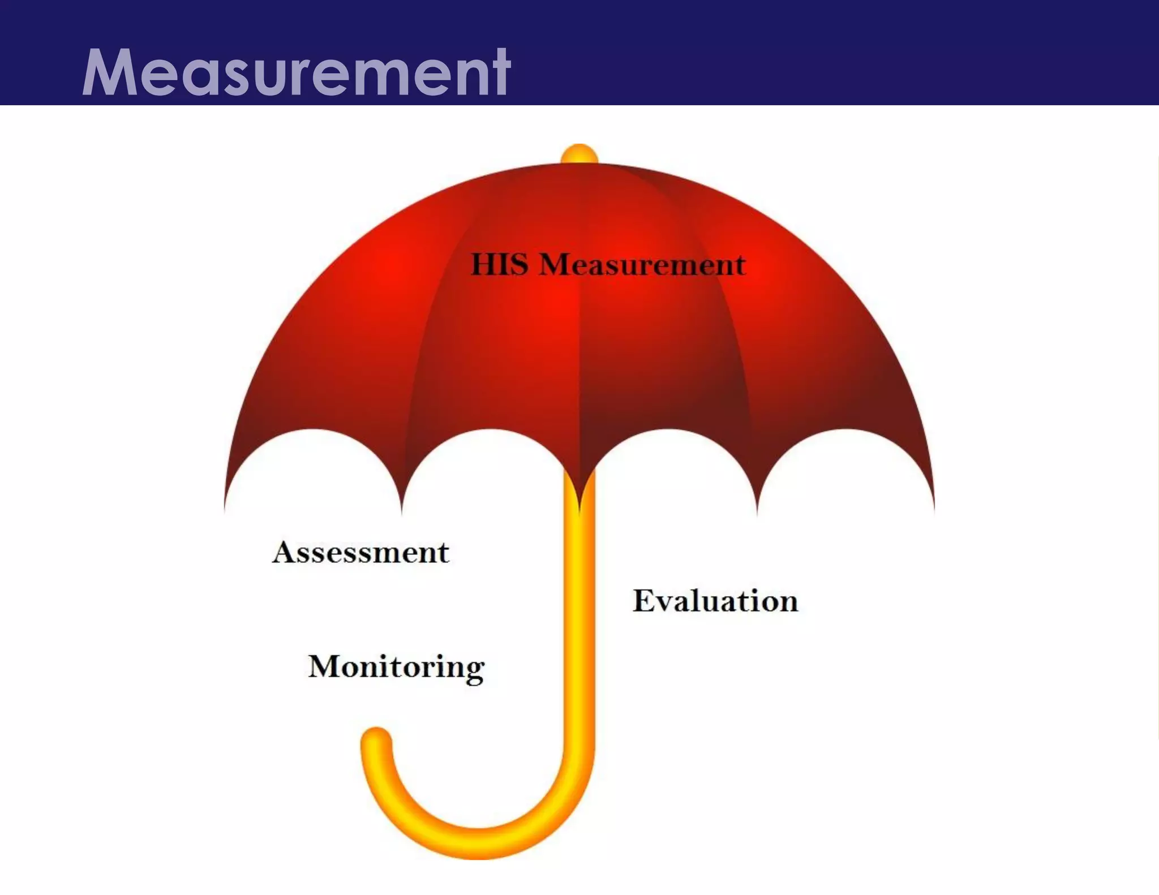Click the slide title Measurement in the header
296,72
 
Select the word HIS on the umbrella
499,264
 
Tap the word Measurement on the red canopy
642,264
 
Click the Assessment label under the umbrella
360,552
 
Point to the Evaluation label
715,601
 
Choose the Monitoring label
396,666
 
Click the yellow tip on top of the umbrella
579,153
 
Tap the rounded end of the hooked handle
376,740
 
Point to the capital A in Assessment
285,552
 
